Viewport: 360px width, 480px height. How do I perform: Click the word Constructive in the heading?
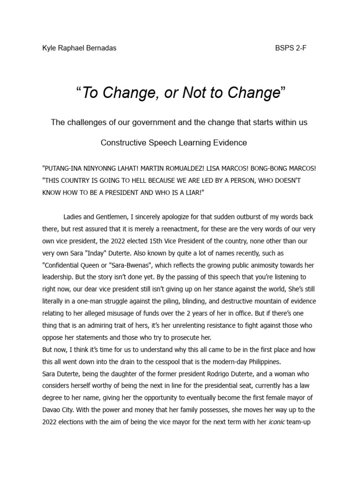[122, 142]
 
